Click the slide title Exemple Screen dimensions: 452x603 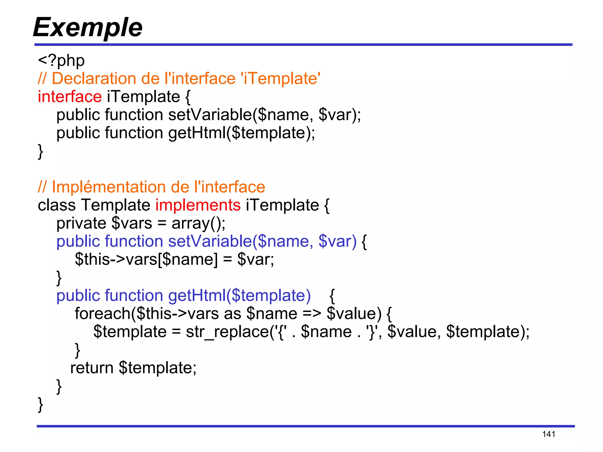coord(87,27)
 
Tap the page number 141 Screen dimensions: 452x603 coord(549,434)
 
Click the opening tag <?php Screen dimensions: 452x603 coord(61,61)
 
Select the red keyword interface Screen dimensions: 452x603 coord(70,97)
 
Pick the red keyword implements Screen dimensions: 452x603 coord(198,205)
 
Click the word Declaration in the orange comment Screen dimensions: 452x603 coord(94,79)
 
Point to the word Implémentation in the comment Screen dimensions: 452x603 coord(109,187)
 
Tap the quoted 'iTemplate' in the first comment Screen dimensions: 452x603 coord(280,79)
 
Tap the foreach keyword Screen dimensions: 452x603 coord(102,314)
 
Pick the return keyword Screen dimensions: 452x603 coord(92,368)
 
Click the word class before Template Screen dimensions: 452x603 coord(57,205)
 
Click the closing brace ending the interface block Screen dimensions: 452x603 coord(41,152)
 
